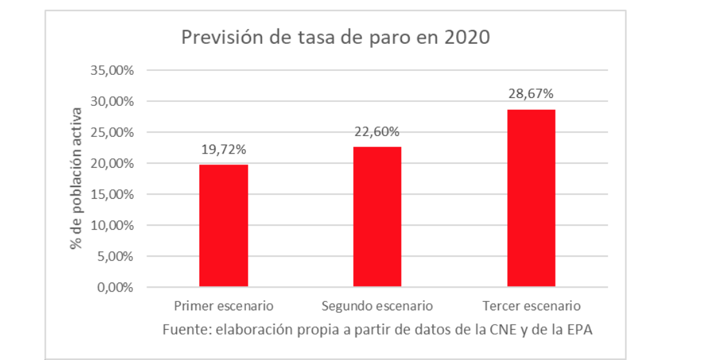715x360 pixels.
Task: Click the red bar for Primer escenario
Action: tap(223, 225)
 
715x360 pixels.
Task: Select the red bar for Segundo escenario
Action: tap(378, 216)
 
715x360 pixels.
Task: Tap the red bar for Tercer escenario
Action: tap(531, 197)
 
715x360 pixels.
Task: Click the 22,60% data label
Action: tap(378, 132)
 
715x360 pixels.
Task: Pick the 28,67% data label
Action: tap(531, 94)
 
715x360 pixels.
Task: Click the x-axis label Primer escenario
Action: tap(224, 306)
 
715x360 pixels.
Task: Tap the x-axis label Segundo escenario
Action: tap(378, 306)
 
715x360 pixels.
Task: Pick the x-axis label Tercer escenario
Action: tap(532, 306)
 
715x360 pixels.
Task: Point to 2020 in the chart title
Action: tap(467, 37)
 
